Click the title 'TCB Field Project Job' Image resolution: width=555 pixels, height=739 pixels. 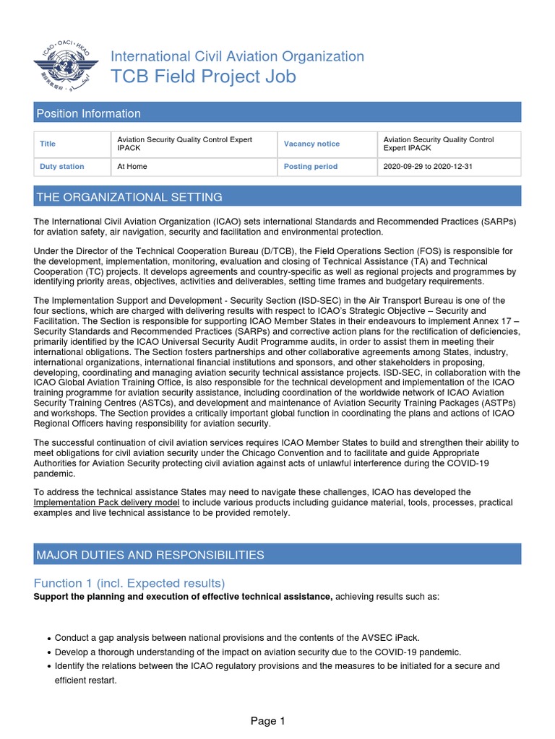[202, 77]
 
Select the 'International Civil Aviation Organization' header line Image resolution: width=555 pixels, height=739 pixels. [237, 56]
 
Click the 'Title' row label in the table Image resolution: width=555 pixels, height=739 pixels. [48, 144]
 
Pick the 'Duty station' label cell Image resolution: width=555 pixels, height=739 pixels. [61, 166]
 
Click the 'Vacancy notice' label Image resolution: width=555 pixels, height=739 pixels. [311, 144]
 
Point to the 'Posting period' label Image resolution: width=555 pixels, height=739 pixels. [311, 166]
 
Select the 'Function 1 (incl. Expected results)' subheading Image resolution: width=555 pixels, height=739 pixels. [129, 583]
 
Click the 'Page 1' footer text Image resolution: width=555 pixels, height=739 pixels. [268, 720]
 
